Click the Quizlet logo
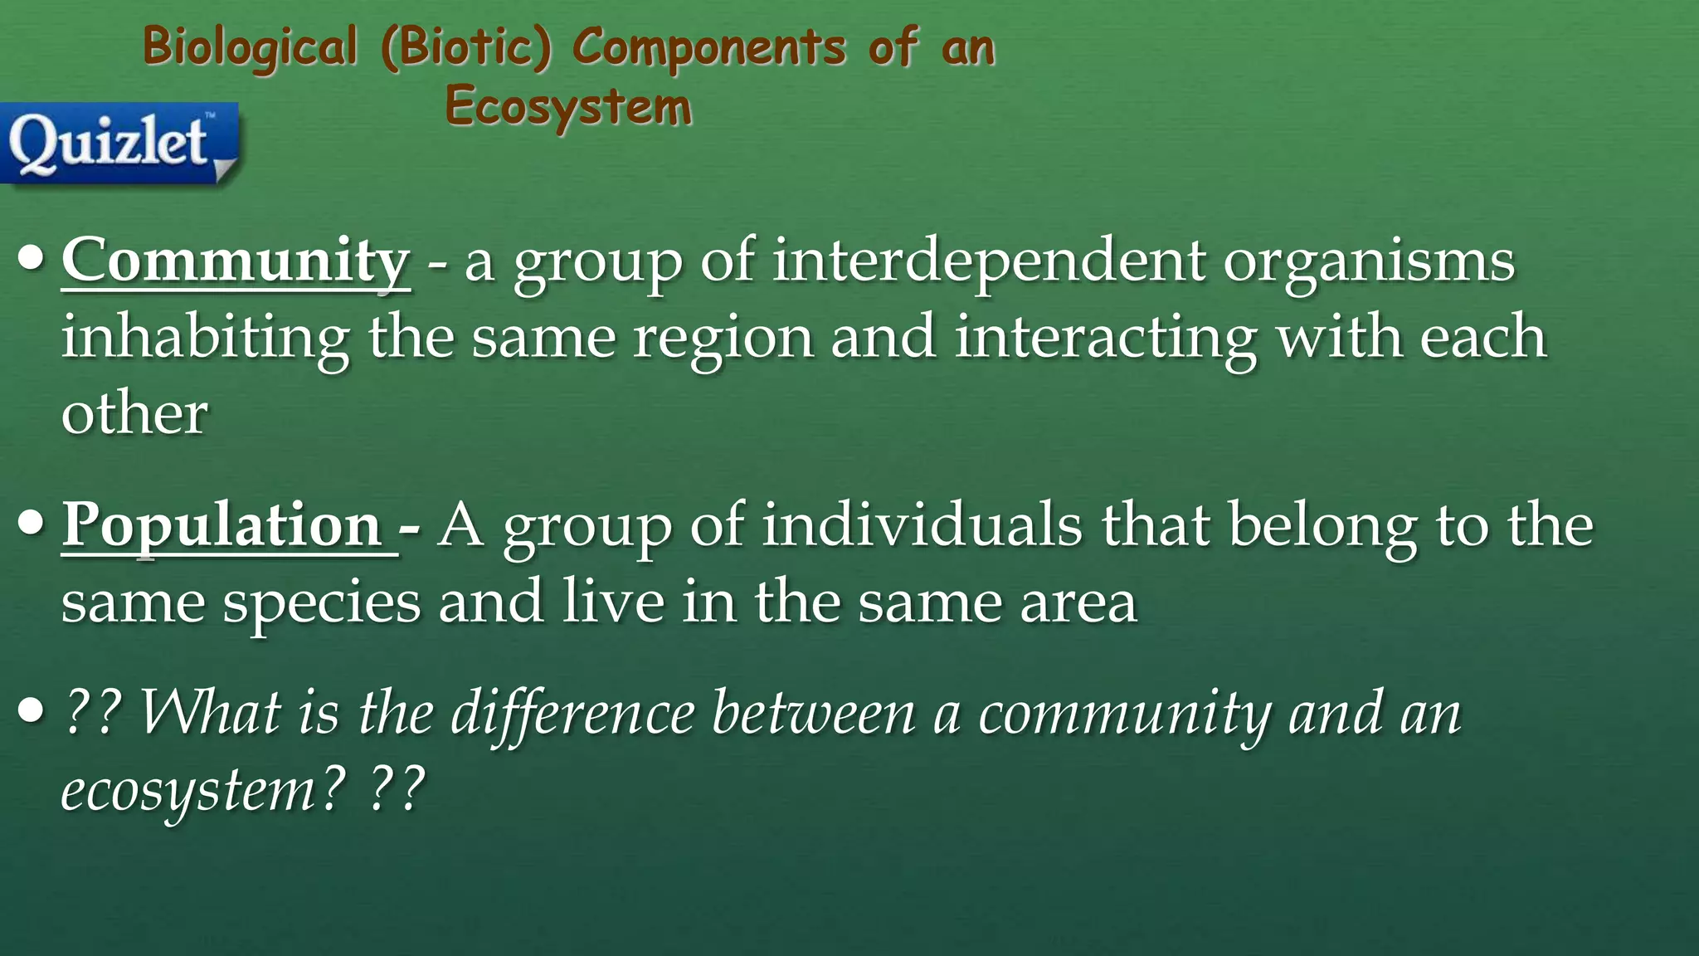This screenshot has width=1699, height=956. [x=119, y=142]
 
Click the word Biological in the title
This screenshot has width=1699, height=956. [x=250, y=46]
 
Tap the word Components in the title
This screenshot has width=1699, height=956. [x=709, y=46]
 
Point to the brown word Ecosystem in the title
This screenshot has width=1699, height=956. [x=568, y=108]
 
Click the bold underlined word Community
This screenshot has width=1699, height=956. [x=236, y=261]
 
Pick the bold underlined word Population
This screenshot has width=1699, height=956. [x=222, y=525]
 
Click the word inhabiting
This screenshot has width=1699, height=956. [x=205, y=338]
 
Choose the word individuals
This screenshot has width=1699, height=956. [x=922, y=525]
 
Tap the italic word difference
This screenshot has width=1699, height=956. [x=572, y=714]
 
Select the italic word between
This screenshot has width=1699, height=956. [x=813, y=714]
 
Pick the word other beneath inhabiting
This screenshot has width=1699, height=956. [x=134, y=414]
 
